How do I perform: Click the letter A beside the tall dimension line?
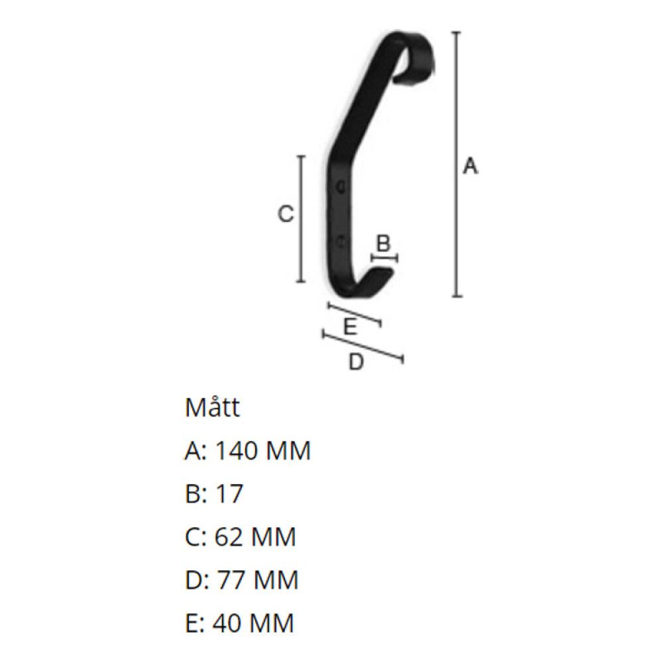[x=470, y=166]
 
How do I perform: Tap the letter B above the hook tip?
[x=383, y=243]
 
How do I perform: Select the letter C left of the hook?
[x=285, y=214]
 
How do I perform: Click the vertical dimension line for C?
[x=302, y=219]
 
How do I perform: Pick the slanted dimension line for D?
[x=363, y=346]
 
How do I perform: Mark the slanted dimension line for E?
[x=355, y=314]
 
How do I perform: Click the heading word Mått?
[x=212, y=408]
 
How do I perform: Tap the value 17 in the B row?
[x=229, y=494]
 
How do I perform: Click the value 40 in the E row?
[x=229, y=623]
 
